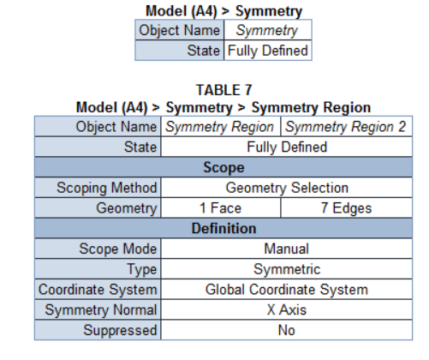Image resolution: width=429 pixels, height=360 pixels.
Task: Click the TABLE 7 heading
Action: coord(224,90)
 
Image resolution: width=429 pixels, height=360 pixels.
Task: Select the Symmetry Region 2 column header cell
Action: coord(347,127)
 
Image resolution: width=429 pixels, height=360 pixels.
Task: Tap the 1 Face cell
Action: coord(221,207)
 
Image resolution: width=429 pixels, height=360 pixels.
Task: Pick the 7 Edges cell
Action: coord(347,207)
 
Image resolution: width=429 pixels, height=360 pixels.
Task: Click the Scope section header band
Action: coord(223,167)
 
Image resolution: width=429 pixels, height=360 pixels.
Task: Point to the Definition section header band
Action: coord(223,228)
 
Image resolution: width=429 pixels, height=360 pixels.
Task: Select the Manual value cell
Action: coord(287,249)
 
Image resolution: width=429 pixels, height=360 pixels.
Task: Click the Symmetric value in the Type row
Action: coord(287,269)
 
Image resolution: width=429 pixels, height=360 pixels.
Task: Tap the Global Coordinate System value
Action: coord(287,290)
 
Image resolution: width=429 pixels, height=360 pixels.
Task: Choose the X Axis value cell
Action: coord(287,309)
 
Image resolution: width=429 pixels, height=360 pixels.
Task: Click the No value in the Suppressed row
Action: coord(287,330)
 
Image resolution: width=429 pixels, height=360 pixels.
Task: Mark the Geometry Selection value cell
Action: coord(287,188)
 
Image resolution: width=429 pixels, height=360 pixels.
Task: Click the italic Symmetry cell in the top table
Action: coord(268,30)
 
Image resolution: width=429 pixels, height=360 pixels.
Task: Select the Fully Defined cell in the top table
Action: coord(268,51)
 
